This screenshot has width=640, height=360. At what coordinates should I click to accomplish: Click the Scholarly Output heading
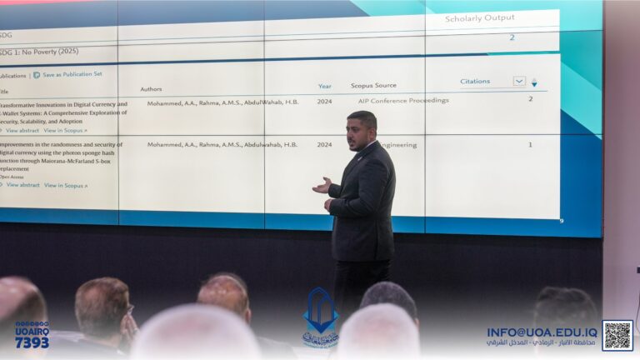(479, 18)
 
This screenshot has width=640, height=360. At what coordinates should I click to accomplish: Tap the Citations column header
(475, 81)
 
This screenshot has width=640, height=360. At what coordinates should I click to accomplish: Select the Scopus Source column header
(373, 85)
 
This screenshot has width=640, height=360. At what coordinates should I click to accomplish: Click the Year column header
(324, 86)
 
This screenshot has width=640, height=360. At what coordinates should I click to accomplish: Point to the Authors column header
(151, 88)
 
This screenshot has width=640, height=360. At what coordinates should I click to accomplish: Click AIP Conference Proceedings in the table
(403, 100)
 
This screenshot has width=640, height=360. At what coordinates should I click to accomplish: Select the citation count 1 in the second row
(530, 144)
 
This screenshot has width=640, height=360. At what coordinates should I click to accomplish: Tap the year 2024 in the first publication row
(324, 101)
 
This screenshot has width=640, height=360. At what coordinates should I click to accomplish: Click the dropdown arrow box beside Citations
(519, 81)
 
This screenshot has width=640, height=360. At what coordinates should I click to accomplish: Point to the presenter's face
(362, 132)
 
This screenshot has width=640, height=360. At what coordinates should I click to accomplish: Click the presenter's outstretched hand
(321, 186)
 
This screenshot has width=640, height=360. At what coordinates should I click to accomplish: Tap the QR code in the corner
(617, 335)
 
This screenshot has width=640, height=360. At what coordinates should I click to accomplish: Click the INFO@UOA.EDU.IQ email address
(542, 331)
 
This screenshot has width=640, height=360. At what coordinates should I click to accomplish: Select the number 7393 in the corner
(31, 342)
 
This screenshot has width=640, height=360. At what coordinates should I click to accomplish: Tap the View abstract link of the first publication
(22, 130)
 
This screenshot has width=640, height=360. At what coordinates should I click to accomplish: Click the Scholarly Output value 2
(512, 37)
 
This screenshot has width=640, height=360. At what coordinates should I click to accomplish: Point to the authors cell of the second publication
(222, 144)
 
